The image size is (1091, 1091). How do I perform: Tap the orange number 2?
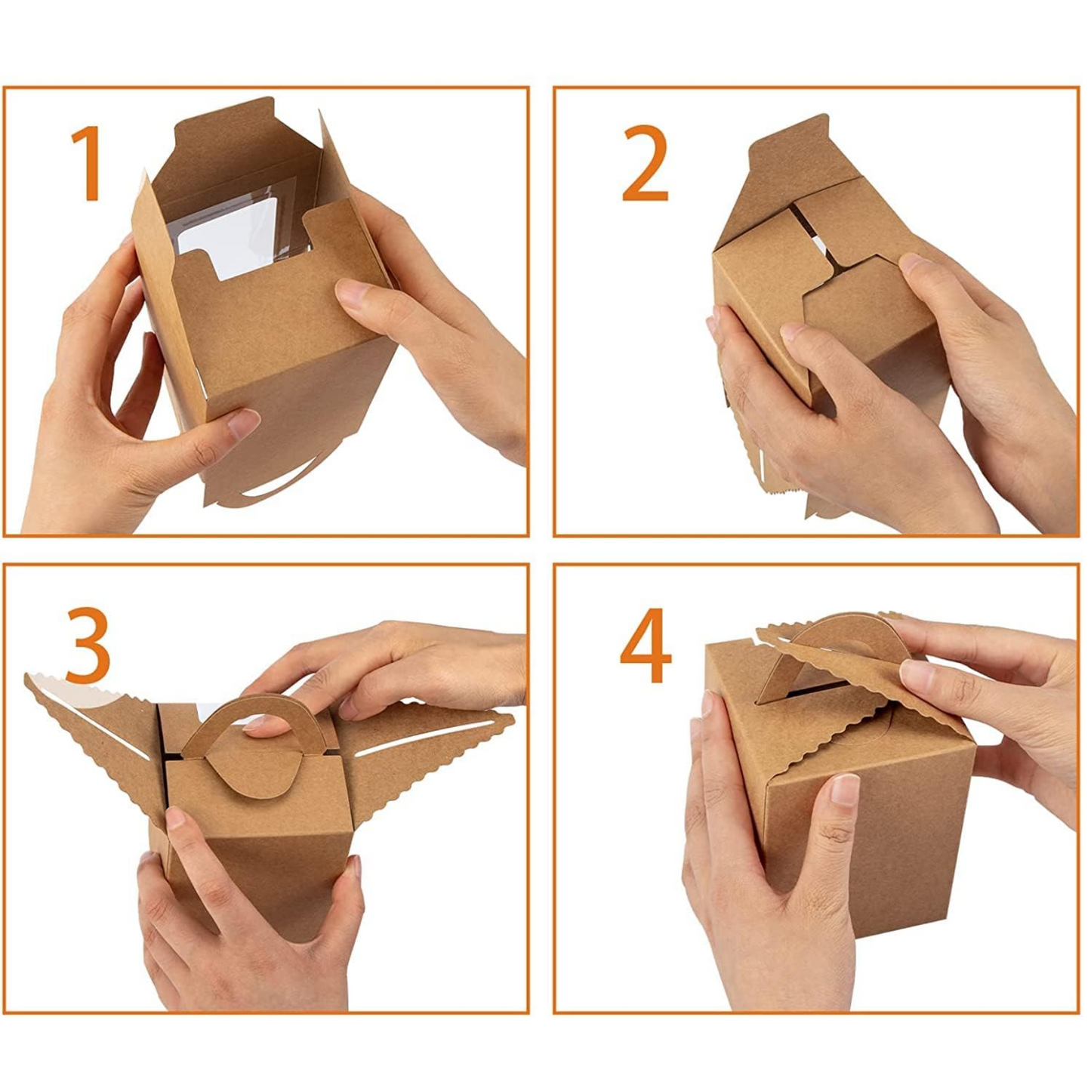point(645,163)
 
